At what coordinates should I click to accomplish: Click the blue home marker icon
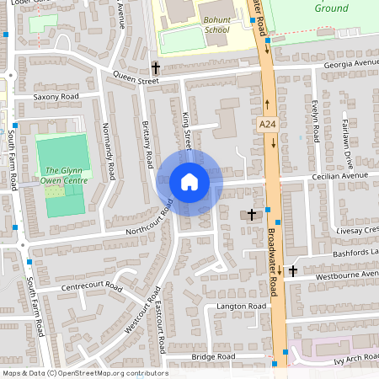189,182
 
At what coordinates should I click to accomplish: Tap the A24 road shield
267,125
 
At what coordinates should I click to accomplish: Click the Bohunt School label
216,24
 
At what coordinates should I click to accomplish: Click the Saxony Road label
56,97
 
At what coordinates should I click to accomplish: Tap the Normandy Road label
107,152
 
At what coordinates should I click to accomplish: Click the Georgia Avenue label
348,64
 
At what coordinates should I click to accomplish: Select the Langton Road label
241,307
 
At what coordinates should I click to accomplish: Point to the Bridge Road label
211,357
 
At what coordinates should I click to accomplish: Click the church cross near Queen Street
155,67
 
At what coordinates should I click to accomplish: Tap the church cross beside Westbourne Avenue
292,270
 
